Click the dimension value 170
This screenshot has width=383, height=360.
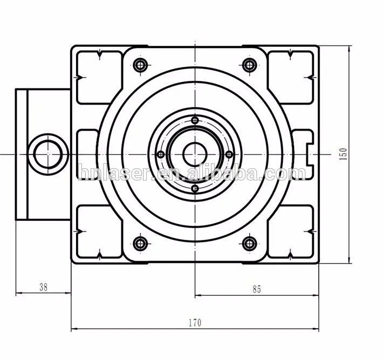pyautogui.click(x=195, y=323)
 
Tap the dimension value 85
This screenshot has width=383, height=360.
pyautogui.click(x=256, y=289)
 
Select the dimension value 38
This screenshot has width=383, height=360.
pyautogui.click(x=43, y=287)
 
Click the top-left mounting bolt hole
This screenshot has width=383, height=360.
pyautogui.click(x=141, y=66)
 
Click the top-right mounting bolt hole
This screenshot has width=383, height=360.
pyautogui.click(x=248, y=66)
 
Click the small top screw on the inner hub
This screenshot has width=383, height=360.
pyautogui.click(x=195, y=120)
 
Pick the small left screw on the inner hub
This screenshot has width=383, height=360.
pyautogui.click(x=160, y=155)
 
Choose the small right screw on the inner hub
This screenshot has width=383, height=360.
pyautogui.click(x=229, y=155)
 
